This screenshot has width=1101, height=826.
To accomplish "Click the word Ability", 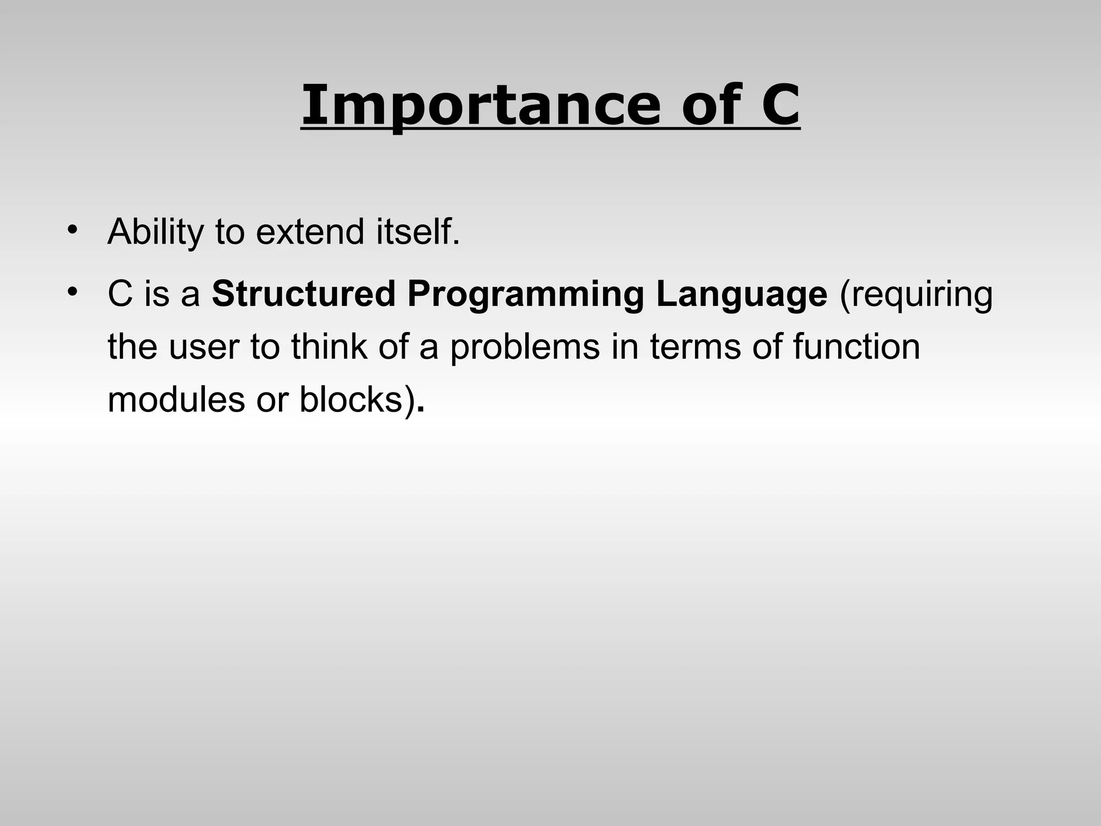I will coord(155,232).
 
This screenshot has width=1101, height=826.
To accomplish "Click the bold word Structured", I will coord(303,294).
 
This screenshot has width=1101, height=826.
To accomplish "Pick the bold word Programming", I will coord(525,295).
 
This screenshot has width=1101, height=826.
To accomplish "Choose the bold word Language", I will coord(741,295).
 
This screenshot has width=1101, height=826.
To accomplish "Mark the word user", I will coord(203,347).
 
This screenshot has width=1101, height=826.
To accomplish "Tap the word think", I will coord(330,346).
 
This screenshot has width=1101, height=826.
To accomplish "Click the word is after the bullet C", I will coord(156,294).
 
